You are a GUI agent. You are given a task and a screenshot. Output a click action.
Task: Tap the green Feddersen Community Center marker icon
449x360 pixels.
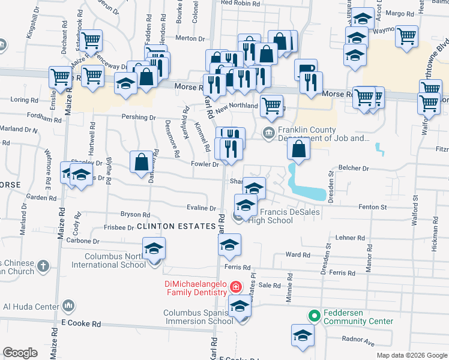(313, 314)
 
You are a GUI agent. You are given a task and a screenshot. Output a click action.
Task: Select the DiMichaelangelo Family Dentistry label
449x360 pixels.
(194, 287)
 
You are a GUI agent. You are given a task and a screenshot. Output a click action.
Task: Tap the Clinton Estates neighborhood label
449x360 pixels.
(176, 226)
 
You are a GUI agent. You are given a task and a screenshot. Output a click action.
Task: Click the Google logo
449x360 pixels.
(20, 353)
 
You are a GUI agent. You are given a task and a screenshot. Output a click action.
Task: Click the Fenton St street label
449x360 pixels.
(373, 207)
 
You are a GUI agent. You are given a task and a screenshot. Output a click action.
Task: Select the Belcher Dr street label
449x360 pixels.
(357, 170)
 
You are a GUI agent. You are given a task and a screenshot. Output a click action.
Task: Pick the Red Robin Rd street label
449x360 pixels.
(240, 3)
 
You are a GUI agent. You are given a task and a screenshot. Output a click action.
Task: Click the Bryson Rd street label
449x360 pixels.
(134, 214)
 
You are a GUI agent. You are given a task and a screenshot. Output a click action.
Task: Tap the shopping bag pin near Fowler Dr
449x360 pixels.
(141, 163)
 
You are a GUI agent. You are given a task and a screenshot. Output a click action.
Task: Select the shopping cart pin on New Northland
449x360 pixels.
(272, 106)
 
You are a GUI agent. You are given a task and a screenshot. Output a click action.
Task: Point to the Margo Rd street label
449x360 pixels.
(400, 13)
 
